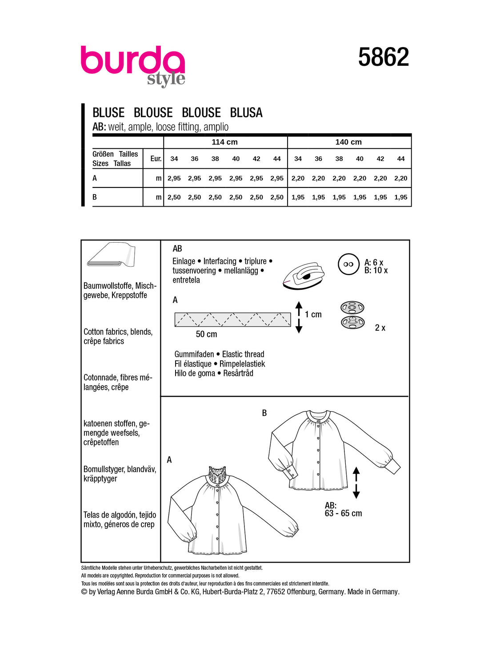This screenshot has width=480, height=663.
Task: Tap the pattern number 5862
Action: click(x=383, y=57)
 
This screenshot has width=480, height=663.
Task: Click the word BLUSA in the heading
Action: click(x=246, y=113)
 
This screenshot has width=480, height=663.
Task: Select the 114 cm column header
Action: click(x=224, y=142)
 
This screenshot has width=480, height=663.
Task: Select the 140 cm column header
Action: click(x=348, y=142)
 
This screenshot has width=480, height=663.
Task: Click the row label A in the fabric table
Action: click(x=95, y=178)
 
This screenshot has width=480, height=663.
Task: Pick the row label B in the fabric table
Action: click(x=95, y=197)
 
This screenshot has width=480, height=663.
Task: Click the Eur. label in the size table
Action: click(x=156, y=159)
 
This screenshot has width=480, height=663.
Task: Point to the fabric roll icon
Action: click(x=112, y=255)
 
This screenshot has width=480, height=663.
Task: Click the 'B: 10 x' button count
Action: click(x=376, y=271)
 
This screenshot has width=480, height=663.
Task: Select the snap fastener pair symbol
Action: click(x=352, y=315)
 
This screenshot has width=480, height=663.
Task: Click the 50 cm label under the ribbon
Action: click(x=207, y=334)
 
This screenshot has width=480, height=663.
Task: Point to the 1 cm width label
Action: click(x=313, y=315)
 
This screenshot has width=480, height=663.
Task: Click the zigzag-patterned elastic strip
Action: click(x=232, y=320)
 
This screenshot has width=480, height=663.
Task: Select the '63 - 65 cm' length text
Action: click(x=344, y=514)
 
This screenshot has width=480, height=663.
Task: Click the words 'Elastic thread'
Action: click(x=243, y=354)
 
